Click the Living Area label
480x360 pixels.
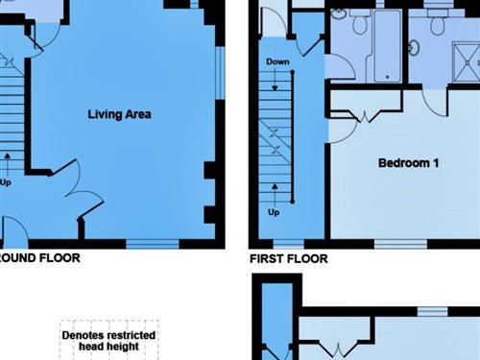[119, 114]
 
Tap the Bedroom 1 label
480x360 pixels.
[408, 163]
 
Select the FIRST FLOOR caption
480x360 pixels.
[289, 258]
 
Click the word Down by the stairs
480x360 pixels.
[277, 61]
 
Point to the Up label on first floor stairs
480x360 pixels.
[274, 212]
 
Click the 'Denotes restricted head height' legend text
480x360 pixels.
[108, 341]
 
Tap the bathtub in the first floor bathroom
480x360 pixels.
[388, 46]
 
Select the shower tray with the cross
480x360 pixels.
[467, 63]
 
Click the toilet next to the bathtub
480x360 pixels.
[360, 22]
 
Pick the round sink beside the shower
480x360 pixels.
[414, 48]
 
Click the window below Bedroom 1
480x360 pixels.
[400, 244]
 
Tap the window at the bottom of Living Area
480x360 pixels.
[153, 244]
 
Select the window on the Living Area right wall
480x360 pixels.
[220, 73]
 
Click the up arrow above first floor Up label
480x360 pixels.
[275, 195]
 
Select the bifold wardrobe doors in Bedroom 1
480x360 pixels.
[365, 116]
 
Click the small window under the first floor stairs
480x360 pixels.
[288, 244]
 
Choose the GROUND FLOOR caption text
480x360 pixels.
[39, 258]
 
